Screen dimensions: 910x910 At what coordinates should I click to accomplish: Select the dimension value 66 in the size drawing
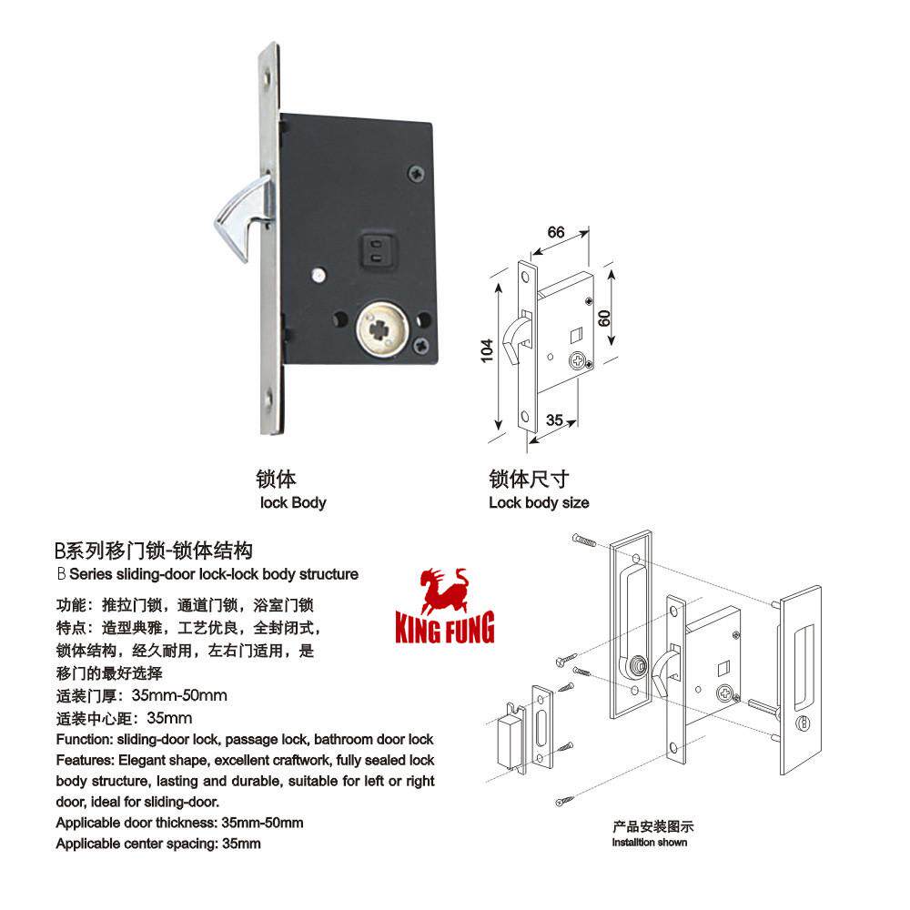tap(556, 232)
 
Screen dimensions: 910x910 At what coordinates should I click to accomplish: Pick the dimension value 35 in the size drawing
tap(553, 420)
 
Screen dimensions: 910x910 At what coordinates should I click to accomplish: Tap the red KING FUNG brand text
tap(445, 628)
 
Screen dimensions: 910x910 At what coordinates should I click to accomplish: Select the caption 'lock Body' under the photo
tap(293, 502)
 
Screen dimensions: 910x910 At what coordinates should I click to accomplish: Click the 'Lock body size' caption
tap(539, 502)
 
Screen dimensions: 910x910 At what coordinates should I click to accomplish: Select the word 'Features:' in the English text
tap(84, 760)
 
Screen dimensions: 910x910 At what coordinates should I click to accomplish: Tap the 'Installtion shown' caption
tap(650, 843)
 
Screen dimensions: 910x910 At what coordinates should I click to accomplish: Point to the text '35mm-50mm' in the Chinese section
tap(179, 697)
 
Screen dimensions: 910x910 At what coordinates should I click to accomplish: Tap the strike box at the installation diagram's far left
tap(511, 732)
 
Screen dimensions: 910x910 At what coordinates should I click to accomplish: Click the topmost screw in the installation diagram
tap(582, 540)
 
